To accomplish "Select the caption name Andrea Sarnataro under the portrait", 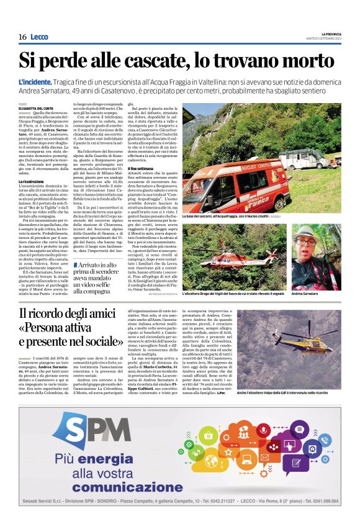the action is coord(306,293).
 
